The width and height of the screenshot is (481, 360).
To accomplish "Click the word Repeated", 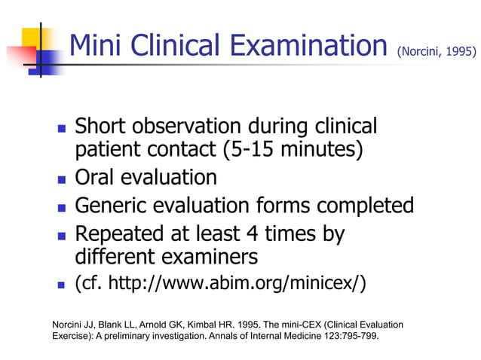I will point(124,233).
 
